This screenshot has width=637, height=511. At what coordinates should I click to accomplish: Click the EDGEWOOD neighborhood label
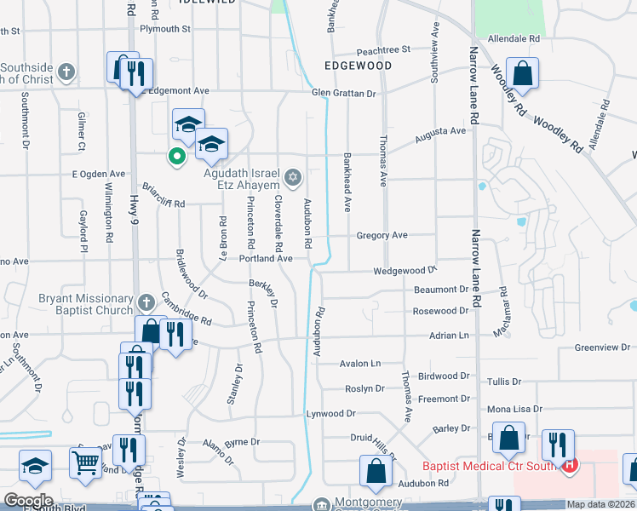pos(358,66)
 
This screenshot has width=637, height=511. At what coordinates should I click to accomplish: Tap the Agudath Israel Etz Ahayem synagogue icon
pos(294,177)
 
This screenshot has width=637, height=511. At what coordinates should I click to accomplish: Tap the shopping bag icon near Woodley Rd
pos(523,74)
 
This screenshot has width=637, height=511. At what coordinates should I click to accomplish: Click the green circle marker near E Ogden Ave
pos(176,156)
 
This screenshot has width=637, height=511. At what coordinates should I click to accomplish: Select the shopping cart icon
pos(84,465)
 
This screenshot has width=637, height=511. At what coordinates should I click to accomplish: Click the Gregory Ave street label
pos(382,235)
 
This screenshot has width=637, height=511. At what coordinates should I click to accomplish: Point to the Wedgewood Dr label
pos(405,271)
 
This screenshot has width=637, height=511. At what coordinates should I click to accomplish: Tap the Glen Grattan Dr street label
pos(343,93)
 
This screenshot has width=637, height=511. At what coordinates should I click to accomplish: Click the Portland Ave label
pos(266,258)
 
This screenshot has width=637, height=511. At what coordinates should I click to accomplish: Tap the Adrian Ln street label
pos(450,336)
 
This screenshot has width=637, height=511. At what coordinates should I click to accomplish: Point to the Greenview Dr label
pos(601,347)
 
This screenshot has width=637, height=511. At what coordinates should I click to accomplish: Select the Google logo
pos(27,501)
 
